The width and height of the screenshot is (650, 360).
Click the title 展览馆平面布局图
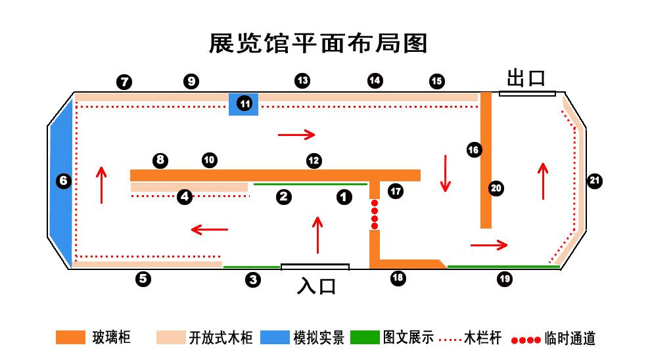pos(318,43)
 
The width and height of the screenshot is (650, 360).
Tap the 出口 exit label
pos(526,78)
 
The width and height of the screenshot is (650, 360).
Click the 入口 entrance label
pos(317,286)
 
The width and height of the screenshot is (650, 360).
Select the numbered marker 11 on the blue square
pos(244,104)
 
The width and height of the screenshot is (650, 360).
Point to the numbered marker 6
pos(63,181)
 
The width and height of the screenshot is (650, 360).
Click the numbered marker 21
pos(595,181)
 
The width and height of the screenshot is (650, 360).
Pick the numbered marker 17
pos(395,191)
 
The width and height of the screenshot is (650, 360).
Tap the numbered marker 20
pos(496,189)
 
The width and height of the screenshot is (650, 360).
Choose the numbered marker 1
pos(344,196)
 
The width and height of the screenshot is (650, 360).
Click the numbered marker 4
pos(185,196)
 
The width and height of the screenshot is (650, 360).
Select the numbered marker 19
pos(504,279)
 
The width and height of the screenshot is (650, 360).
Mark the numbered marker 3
pos(253,280)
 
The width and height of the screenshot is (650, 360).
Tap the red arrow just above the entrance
pos(318,235)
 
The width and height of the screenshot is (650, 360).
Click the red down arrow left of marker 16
pos(446,173)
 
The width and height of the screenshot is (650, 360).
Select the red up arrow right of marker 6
pos(101,185)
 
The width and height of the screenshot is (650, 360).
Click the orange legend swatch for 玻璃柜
pos(71,338)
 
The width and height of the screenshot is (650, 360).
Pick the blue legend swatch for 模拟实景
pos(275,338)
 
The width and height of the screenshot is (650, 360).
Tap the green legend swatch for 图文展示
pos(365,338)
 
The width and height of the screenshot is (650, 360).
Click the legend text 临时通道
pos(570,338)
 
